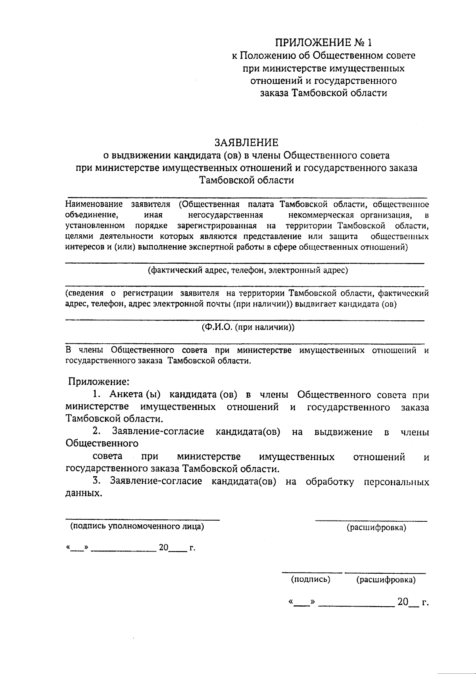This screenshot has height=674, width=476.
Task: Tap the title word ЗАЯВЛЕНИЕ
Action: point(246,142)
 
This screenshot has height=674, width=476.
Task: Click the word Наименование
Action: point(94,205)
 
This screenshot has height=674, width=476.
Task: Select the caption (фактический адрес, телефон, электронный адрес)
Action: point(248,270)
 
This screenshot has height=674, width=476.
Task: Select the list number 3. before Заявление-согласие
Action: point(96,481)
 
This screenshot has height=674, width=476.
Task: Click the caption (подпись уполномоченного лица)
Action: point(137,527)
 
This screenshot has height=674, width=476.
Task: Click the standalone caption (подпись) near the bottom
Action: point(311,579)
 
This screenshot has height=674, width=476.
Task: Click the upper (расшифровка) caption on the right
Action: point(376,528)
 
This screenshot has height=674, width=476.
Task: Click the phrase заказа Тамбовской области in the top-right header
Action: point(323,93)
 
